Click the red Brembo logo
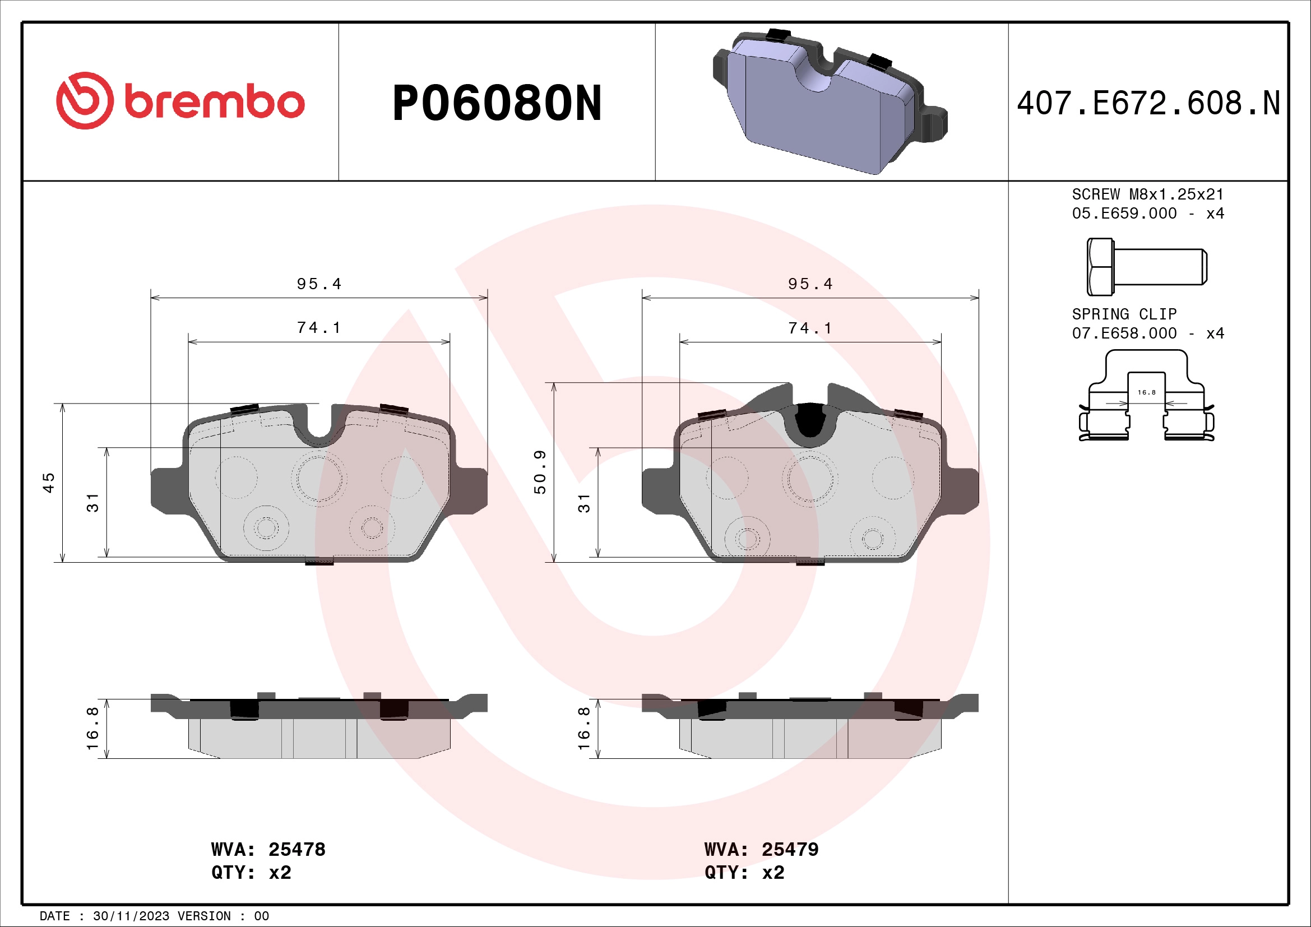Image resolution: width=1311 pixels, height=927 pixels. [180, 101]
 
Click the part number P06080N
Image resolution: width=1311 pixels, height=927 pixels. [497, 103]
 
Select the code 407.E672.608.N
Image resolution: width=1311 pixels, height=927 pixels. [1148, 103]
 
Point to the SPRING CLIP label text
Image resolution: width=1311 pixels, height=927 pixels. [1124, 314]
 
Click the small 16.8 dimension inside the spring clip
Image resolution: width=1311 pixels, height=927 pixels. [1146, 392]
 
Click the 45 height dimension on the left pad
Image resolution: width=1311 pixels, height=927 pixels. [49, 483]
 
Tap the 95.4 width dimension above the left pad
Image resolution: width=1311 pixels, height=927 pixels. [318, 284]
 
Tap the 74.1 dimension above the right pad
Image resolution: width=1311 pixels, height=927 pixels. [810, 328]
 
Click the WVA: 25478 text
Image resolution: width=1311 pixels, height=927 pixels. [268, 849]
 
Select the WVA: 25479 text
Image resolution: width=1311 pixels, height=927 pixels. [761, 849]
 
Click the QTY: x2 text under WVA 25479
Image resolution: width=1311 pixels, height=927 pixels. [744, 872]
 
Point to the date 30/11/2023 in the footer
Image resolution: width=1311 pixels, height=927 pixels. [131, 916]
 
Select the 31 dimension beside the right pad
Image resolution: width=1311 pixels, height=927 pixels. [583, 503]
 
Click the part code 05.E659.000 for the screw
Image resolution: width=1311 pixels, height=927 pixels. [1124, 214]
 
